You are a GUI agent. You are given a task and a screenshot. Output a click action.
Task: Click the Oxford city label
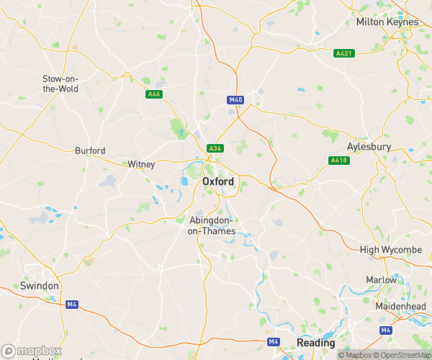tap(218, 181)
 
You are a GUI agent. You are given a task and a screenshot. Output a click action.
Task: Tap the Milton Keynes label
tap(387, 22)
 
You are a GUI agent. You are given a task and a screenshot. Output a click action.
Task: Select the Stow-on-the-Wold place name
tap(60, 84)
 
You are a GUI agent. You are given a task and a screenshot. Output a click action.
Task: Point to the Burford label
tap(90, 151)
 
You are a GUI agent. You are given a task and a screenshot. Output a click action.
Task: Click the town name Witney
tap(141, 164)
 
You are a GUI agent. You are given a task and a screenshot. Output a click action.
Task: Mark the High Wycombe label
tap(390, 249)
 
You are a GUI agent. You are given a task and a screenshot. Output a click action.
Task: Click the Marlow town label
tap(381, 279)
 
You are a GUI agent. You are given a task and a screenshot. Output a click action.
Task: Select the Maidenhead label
tap(401, 306)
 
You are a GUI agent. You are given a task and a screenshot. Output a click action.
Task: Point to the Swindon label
tap(40, 286)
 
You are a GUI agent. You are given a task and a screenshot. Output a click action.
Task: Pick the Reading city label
tap(315, 343)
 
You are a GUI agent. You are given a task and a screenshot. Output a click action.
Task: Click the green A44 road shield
tap(154, 94)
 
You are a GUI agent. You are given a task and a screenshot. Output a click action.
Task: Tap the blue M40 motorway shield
tap(235, 100)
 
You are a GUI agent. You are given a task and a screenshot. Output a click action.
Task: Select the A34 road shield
tap(215, 148)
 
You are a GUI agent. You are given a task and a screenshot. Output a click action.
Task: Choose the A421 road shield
tap(344, 53)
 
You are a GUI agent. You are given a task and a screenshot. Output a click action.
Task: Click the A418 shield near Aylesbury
tap(338, 160)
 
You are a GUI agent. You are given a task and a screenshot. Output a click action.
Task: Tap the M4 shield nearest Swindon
tap(71, 305)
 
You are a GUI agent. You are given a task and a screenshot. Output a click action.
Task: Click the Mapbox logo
tap(32, 351)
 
